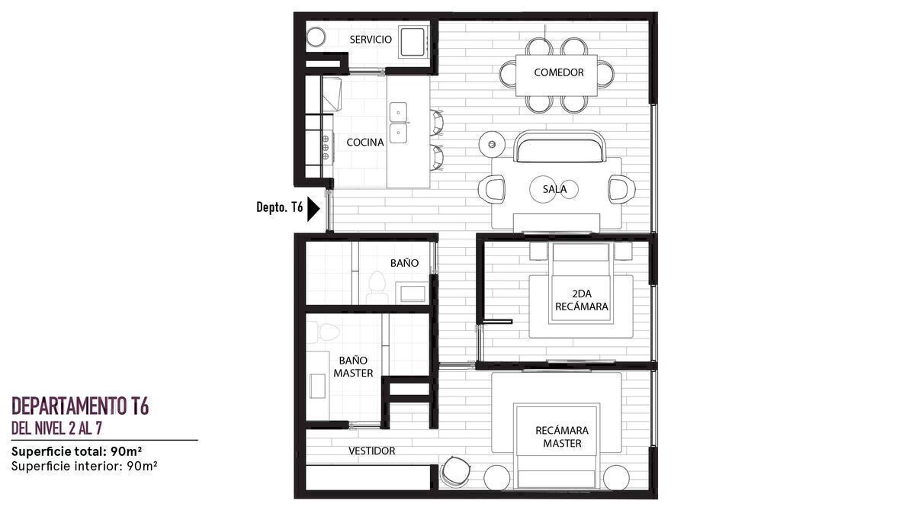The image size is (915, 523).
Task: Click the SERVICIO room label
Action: (x=371, y=40)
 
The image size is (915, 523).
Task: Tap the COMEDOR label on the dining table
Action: (x=559, y=72)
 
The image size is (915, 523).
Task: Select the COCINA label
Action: (x=365, y=143)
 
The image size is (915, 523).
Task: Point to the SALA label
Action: (x=554, y=189)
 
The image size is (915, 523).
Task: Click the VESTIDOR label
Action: (x=372, y=451)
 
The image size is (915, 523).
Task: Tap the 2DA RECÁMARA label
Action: (x=582, y=300)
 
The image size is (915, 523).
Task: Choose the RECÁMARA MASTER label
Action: (x=562, y=437)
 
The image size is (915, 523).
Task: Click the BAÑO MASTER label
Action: (x=353, y=367)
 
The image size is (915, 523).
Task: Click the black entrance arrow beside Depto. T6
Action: (x=313, y=209)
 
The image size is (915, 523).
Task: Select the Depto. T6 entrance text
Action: (x=279, y=207)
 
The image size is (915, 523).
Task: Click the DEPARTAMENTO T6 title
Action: (x=80, y=406)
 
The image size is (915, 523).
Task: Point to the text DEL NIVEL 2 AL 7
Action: (x=56, y=428)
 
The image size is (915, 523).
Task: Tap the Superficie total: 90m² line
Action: (x=77, y=451)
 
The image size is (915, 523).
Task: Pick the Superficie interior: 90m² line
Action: (x=85, y=467)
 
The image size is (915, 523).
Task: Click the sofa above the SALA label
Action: (x=560, y=146)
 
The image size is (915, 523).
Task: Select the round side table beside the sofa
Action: (x=493, y=144)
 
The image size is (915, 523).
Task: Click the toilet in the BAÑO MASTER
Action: (x=323, y=332)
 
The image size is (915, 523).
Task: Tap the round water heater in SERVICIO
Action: (x=316, y=37)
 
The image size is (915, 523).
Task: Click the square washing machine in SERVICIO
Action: (x=413, y=42)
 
